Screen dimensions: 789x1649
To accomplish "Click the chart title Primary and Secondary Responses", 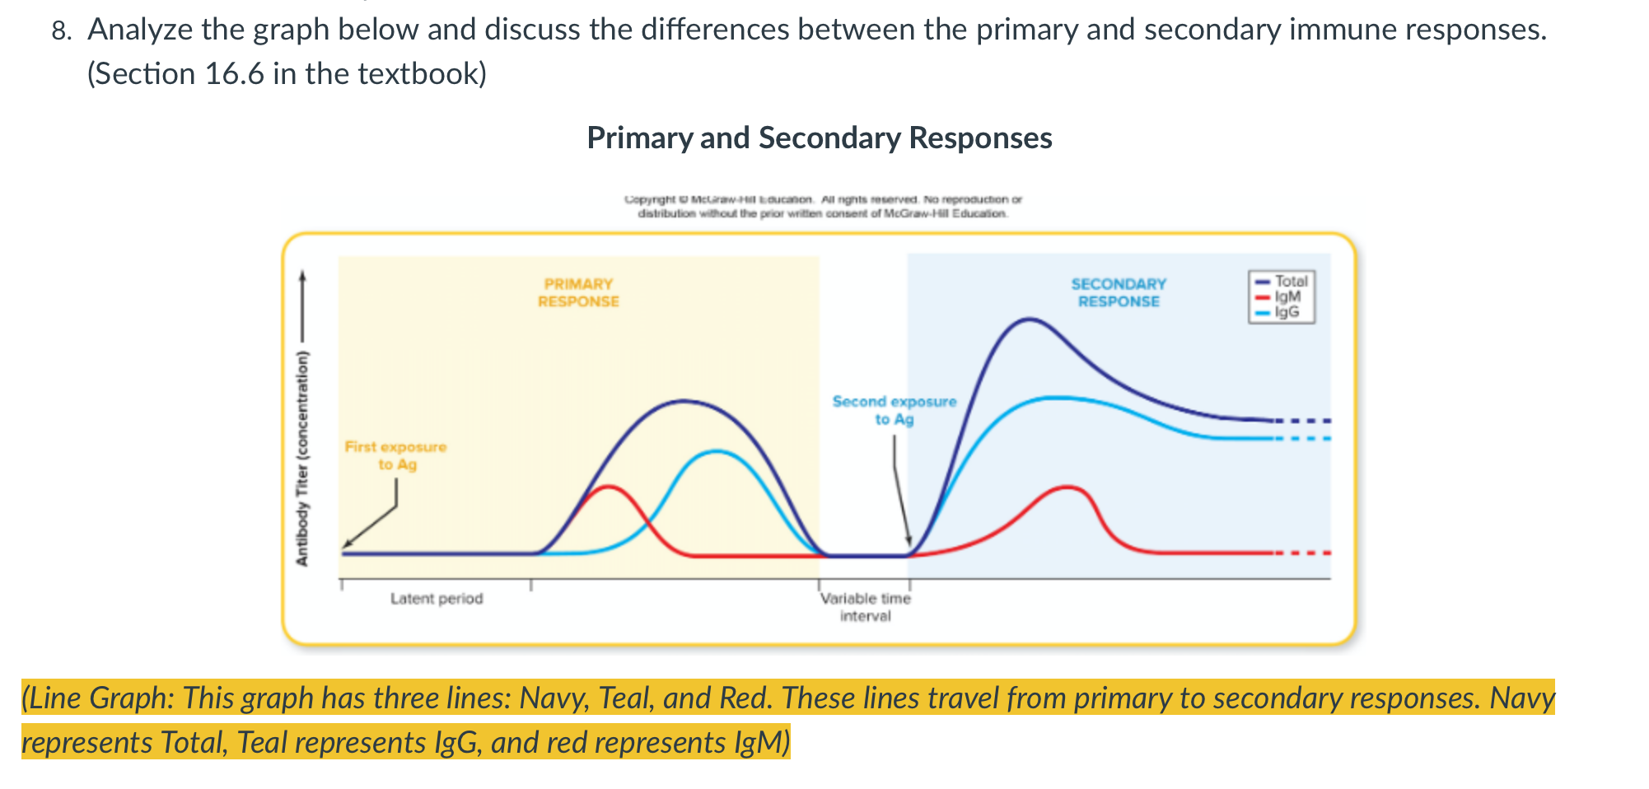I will coord(819,138).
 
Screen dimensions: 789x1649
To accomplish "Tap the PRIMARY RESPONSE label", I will coord(578,292).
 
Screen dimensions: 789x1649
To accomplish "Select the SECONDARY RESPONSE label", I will coord(1118,292).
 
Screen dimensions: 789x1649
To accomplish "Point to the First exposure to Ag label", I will coord(395,455).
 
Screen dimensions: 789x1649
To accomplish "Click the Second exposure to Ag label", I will coord(894,410).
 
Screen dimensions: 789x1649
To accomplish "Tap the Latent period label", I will coord(437,599).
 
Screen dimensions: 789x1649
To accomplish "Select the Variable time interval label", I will coord(865,607).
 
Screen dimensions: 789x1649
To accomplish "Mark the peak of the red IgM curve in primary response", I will coord(608,487).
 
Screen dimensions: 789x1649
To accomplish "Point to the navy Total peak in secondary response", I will coord(1028,319).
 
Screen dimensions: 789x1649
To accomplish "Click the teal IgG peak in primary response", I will coord(717,451).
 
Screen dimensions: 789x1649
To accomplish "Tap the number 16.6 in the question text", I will coord(234,74).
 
